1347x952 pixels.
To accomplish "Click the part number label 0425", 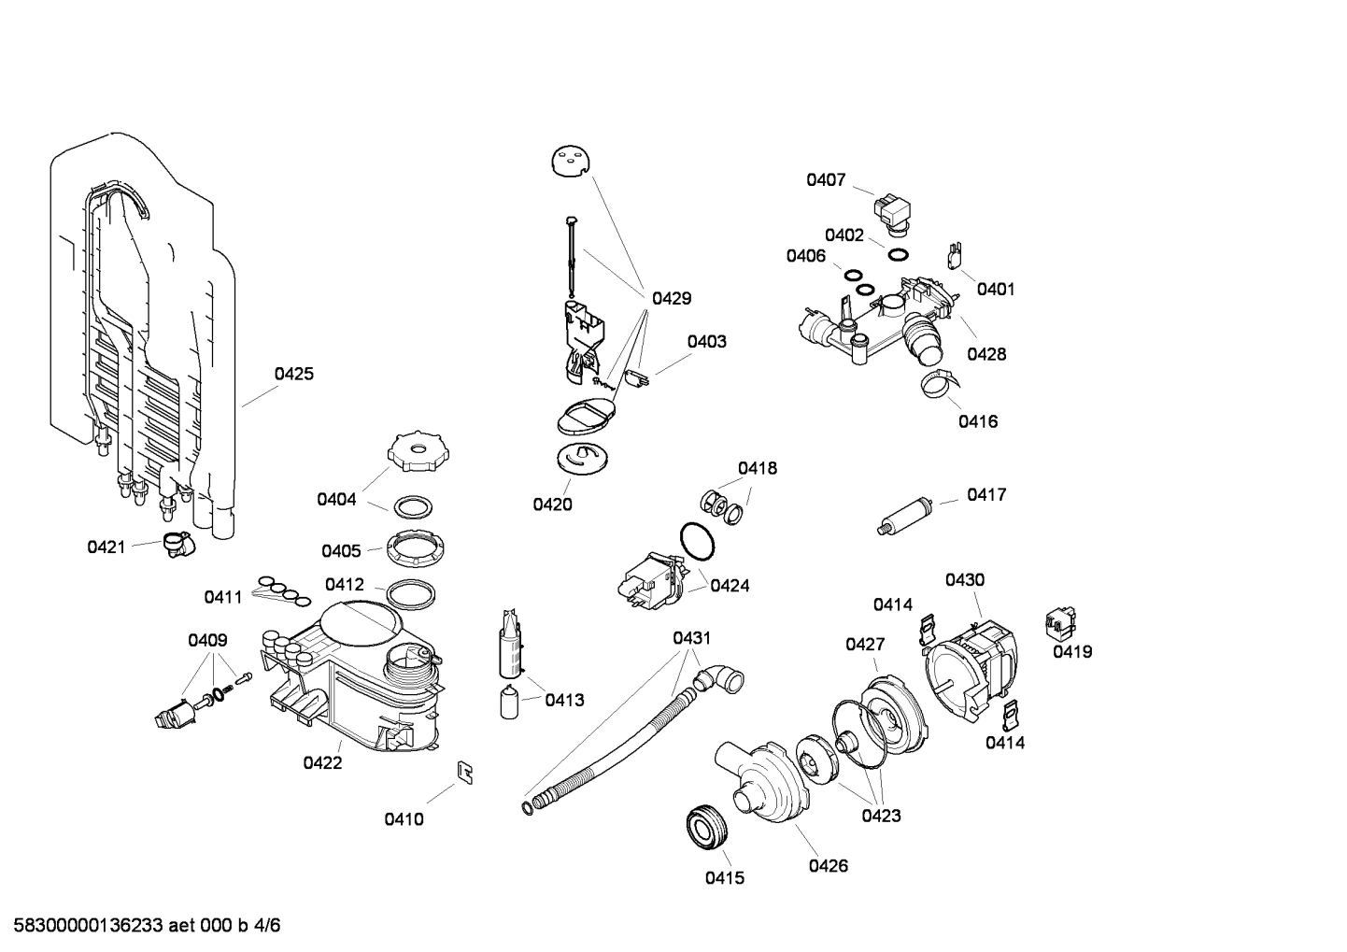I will tap(293, 374).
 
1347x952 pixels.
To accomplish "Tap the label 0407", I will tap(826, 180).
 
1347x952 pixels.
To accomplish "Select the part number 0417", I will tap(986, 494).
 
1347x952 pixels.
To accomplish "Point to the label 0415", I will tap(724, 878).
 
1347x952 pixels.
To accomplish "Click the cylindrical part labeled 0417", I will tap(905, 515).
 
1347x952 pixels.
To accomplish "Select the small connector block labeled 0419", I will tap(1060, 621).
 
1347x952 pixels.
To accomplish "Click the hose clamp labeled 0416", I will tap(937, 381).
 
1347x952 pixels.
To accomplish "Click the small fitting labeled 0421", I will tap(175, 544).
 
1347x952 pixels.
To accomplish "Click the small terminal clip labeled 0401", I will tap(955, 255).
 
